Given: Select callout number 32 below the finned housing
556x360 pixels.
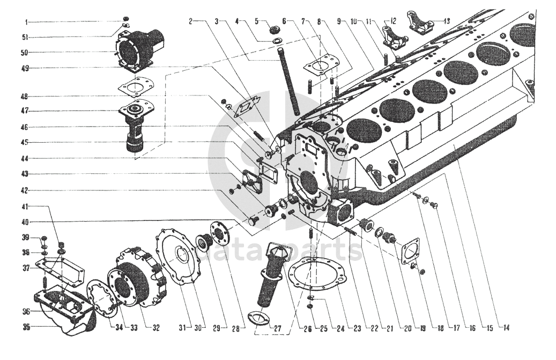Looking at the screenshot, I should [157, 327].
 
